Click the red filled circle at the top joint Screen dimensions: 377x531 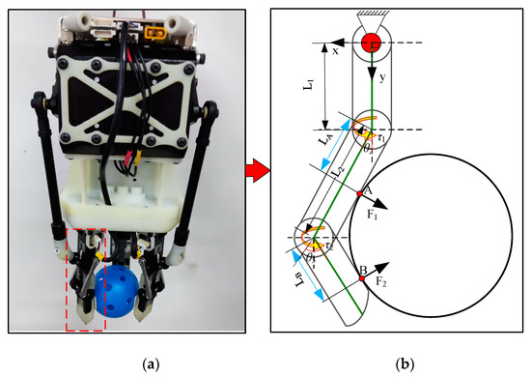click(x=372, y=43)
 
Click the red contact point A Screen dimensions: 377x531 click(x=359, y=194)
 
